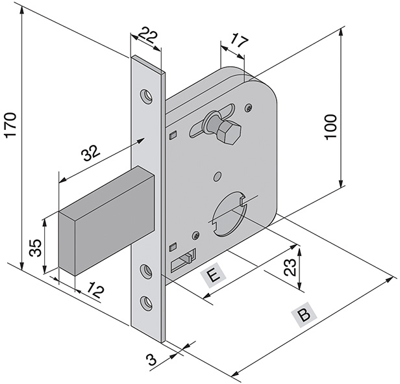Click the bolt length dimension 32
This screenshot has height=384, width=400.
(x=90, y=153)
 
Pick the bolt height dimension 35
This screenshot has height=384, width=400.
(x=36, y=248)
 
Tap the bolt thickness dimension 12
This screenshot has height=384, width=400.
(x=95, y=292)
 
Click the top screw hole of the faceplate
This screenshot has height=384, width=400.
(x=148, y=96)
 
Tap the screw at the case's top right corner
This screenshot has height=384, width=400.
(x=249, y=107)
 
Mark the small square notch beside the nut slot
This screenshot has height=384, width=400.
(x=172, y=135)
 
